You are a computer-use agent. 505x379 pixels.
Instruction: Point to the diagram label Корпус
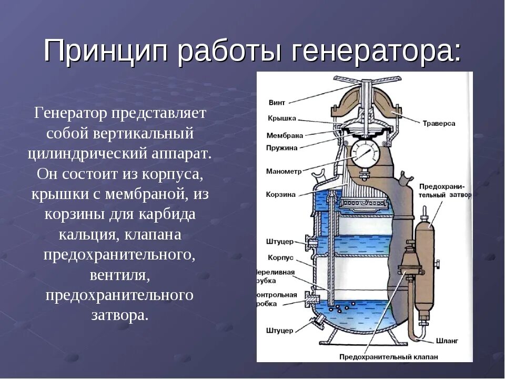click(280, 258)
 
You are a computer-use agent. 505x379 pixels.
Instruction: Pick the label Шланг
click(447, 341)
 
